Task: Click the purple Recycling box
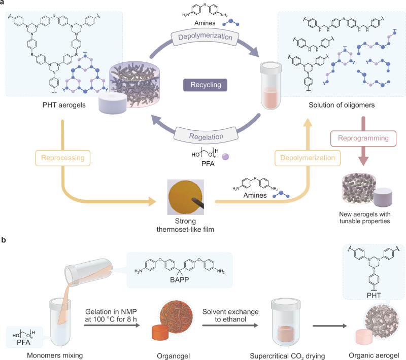205,85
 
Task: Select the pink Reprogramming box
363,138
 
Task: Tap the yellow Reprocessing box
62,158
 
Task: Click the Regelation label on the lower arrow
206,136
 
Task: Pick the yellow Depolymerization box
308,158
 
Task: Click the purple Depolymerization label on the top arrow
205,37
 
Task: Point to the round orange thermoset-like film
185,197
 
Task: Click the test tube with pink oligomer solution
270,86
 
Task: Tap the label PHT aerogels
64,105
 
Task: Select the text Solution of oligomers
342,105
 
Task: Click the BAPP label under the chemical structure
180,280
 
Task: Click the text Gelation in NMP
111,312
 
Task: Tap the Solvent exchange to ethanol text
230,315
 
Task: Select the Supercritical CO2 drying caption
287,356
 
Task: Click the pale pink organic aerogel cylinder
363,337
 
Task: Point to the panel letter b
4,240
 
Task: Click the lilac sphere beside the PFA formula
225,157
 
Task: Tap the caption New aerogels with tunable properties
364,218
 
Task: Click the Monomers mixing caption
55,355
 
